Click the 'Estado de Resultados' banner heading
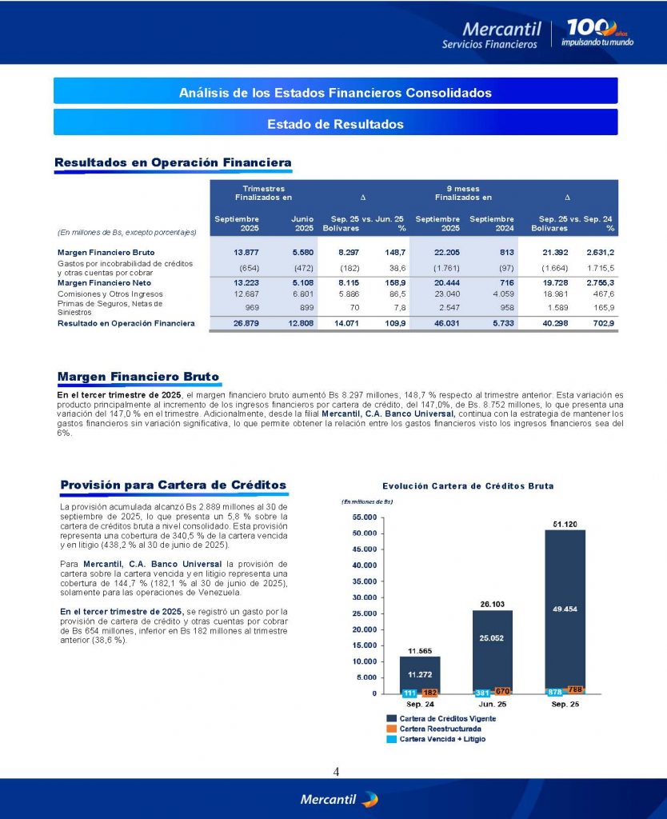tap(335, 124)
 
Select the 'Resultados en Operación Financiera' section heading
tap(172, 163)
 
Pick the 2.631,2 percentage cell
tap(600, 253)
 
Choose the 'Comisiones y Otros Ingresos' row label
tap(108, 294)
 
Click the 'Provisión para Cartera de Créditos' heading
tap(173, 485)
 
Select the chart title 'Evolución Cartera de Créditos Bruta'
tap(468, 485)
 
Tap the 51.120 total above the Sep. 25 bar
tap(565, 524)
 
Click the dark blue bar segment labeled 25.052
tap(492, 638)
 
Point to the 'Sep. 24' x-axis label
tap(419, 704)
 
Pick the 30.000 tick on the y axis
tap(364, 597)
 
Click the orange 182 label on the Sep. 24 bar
tap(430, 692)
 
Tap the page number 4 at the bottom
tap(336, 772)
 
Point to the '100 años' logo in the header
tap(598, 31)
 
